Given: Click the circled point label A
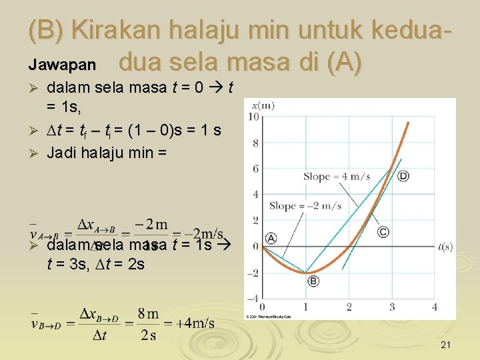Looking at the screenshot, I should click(271, 238).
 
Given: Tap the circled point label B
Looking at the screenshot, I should click(313, 281).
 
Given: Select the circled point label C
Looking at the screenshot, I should click(383, 231).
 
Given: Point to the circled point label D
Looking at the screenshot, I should click(403, 176).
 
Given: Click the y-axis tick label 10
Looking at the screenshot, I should click(253, 117).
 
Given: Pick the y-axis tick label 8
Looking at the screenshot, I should click(255, 143).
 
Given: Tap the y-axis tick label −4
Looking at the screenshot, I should click(253, 298).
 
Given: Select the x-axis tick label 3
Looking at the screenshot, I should click(392, 307).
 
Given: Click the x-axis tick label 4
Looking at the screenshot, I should click(435, 307).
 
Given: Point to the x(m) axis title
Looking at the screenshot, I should click(263, 105).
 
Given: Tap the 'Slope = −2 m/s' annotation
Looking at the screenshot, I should click(305, 206).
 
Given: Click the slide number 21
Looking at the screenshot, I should click(446, 345).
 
